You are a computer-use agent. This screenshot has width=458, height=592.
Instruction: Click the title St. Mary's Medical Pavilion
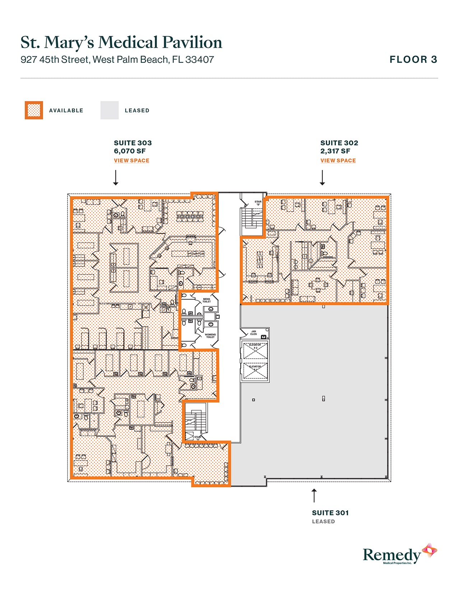tap(121, 42)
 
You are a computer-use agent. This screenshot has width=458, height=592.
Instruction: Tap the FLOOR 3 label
tap(413, 60)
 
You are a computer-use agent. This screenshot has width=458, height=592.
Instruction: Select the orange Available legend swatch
tap(34, 110)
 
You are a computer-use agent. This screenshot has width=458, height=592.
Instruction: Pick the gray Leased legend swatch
tap(109, 110)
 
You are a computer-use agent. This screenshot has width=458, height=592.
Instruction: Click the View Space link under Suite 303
tap(131, 160)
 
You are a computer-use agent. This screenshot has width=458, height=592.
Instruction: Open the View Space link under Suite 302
tap(338, 160)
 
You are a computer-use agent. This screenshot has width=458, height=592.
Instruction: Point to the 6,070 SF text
tap(130, 151)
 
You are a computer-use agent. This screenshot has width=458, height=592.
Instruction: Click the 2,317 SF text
tap(335, 151)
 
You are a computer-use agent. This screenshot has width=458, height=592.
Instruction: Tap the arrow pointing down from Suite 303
tap(116, 178)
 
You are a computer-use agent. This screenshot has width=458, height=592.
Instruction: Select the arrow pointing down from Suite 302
tap(322, 178)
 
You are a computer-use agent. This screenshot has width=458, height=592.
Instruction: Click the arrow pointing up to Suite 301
tap(314, 495)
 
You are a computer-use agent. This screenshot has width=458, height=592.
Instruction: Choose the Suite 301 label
tap(330, 513)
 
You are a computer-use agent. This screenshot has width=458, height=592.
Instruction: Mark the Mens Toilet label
tap(207, 300)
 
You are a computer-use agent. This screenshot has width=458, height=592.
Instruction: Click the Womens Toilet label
tap(210, 335)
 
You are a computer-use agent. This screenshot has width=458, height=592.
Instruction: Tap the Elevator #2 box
tap(255, 351)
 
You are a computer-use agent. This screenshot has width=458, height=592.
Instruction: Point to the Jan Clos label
tap(254, 333)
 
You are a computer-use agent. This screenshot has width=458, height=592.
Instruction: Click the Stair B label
tap(258, 203)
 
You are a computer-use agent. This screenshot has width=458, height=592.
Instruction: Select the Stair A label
tap(197, 438)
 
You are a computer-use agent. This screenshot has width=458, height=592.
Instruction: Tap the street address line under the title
tap(117, 60)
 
